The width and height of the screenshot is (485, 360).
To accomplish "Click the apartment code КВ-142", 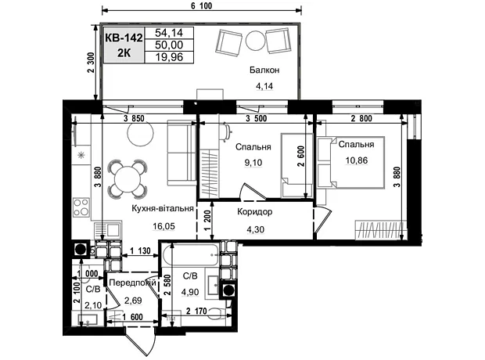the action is coord(124,38).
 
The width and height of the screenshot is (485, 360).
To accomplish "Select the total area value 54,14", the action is coord(169,33).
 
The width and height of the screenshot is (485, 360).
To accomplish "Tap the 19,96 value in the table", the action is coord(169,57).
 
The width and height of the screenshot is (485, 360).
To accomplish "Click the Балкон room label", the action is coord(264,70).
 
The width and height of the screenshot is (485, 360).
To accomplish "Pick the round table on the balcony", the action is coord(256,40).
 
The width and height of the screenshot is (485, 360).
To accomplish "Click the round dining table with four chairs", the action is coord(128,179).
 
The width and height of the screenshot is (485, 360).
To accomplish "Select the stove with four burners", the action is coord(81,207).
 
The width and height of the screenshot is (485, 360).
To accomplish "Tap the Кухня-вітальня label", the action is coord(163,208).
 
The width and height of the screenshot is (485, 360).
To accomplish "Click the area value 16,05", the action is coord(163,226).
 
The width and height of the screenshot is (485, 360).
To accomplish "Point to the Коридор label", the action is coord(255,212).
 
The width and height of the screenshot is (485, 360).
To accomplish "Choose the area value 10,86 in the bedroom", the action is coord(357,160).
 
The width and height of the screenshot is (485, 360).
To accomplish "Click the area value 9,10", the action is coord(253,163).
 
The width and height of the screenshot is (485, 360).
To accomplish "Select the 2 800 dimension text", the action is coord(361,118).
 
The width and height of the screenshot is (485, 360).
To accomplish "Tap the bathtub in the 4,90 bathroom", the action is coord(191,255).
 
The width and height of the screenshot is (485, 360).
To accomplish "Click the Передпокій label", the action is coord(133,283).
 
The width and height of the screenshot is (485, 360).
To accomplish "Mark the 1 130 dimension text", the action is coord(140,250).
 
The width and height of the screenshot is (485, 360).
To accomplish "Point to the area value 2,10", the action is coord(93,305).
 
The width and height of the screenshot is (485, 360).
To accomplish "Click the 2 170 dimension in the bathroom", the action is coord(196,311).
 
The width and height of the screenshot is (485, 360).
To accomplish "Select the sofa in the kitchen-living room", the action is coord(181,153).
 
